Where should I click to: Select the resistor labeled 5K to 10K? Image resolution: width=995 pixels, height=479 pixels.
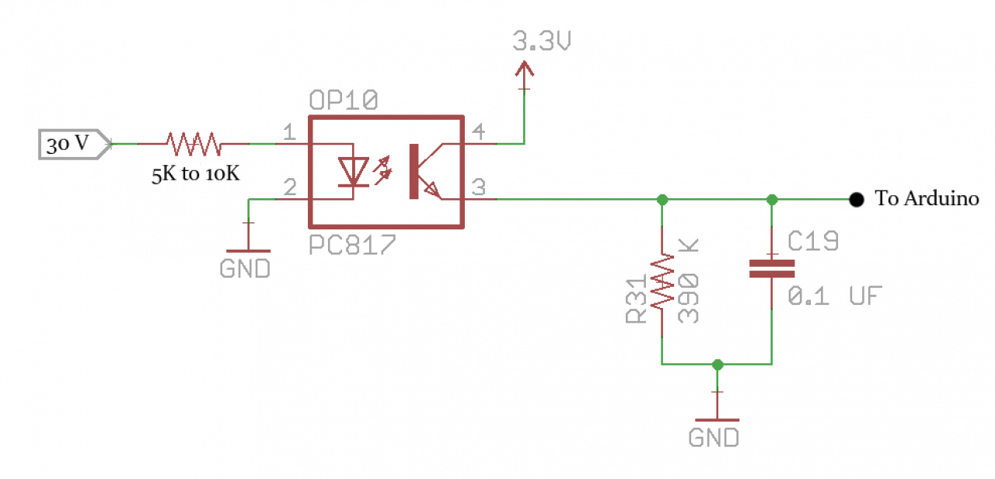click(x=194, y=144)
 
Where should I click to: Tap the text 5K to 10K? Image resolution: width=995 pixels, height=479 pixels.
click(x=196, y=174)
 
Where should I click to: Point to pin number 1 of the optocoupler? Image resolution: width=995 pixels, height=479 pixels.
click(x=288, y=133)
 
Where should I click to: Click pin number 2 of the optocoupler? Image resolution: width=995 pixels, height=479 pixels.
click(x=288, y=187)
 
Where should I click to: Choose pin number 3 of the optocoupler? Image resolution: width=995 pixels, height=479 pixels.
click(x=480, y=187)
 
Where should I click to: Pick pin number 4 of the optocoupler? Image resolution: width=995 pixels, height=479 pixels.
click(x=480, y=133)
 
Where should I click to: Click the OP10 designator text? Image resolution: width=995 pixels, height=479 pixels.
click(x=343, y=102)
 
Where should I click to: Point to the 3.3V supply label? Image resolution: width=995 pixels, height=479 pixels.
click(x=542, y=43)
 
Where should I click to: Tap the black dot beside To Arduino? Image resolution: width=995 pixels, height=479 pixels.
click(x=856, y=199)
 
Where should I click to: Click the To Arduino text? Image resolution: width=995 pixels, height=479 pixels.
click(x=927, y=199)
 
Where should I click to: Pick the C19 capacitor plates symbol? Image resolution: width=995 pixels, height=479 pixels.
click(x=771, y=269)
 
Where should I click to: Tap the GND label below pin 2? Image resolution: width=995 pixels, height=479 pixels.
click(x=245, y=269)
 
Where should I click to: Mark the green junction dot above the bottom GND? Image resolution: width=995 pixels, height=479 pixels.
click(x=717, y=364)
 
